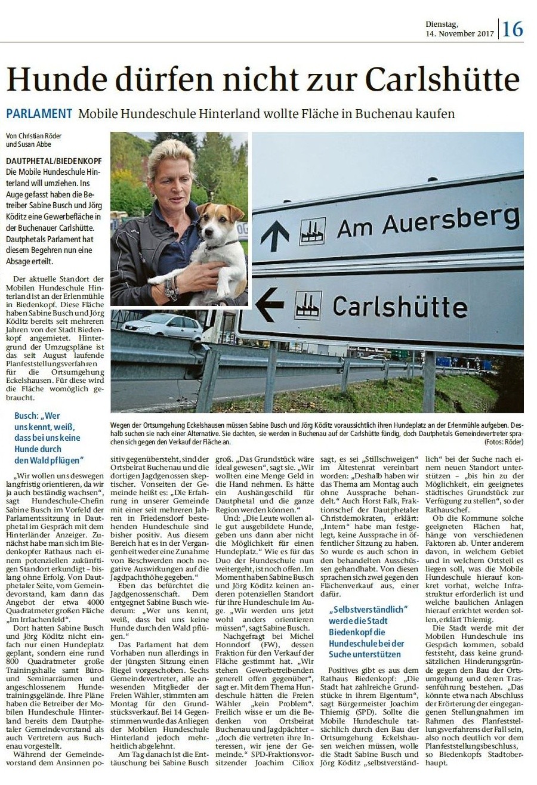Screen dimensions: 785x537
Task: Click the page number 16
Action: coord(513,29)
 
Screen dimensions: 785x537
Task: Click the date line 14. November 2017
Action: coord(459,33)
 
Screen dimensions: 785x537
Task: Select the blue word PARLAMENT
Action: coord(39,113)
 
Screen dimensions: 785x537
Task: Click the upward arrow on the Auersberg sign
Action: coord(276,234)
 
